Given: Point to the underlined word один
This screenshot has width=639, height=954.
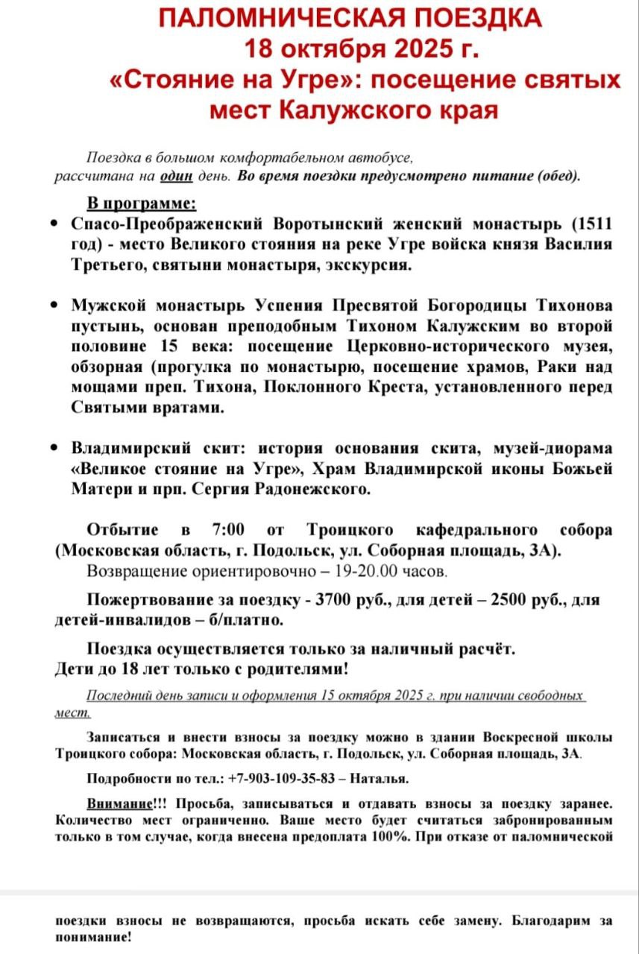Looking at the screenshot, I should click(x=177, y=177).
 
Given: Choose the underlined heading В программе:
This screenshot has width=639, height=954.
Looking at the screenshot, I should click(x=142, y=203).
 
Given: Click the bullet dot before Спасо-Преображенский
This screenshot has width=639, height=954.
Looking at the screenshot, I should click(x=53, y=224).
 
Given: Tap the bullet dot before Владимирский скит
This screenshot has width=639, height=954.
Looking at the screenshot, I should click(x=53, y=449).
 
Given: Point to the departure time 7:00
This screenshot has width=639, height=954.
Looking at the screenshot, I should click(x=228, y=530).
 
